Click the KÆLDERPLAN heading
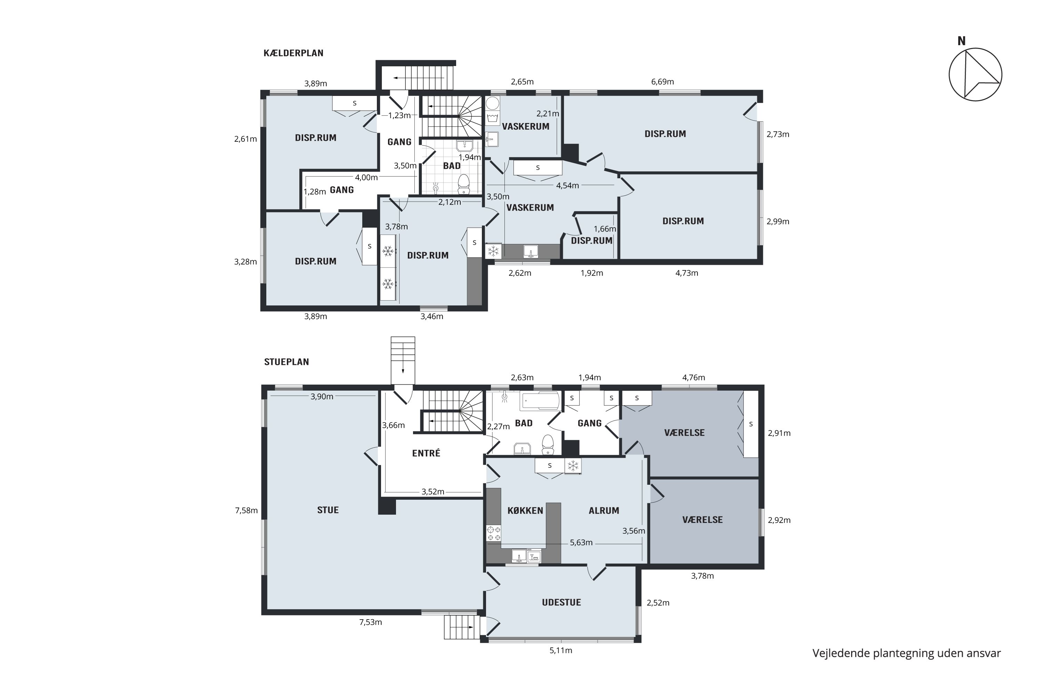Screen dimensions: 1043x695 293,53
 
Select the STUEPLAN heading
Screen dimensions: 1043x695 286,362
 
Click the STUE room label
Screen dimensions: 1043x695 328,510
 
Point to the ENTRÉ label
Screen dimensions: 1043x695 426,453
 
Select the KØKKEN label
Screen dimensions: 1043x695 525,510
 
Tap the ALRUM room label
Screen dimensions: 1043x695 604,510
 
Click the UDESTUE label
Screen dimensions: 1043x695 561,602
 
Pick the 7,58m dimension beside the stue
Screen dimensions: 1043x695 246,510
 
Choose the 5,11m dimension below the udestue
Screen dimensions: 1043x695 561,650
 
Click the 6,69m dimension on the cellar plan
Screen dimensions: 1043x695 663,82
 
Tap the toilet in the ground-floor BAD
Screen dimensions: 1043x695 548,444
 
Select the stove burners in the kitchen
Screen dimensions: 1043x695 494,533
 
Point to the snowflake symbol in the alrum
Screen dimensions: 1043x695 573,466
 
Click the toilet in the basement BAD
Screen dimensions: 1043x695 464,184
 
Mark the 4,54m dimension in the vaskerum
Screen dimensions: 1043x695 568,186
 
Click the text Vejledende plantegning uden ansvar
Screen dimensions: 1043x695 906,653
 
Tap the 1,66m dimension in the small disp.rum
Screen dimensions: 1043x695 605,229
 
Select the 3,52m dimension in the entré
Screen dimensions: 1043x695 433,492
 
